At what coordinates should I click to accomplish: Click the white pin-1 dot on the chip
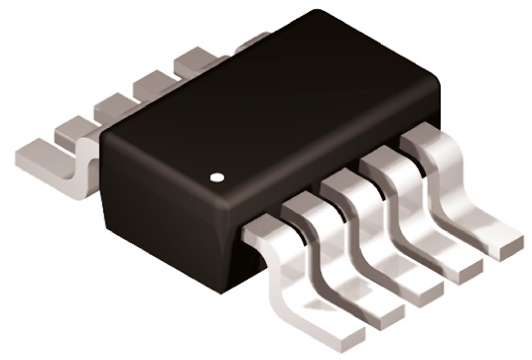point(218,180)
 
